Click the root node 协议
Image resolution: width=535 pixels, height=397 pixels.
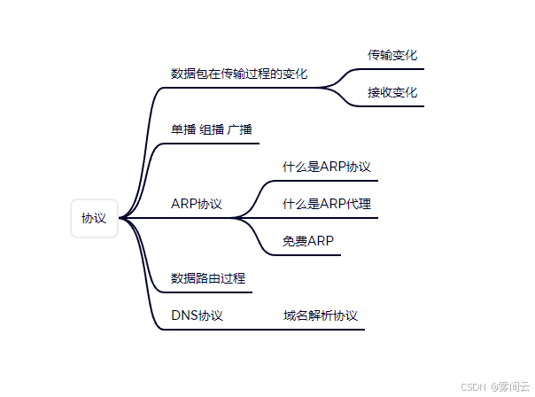coord(94,218)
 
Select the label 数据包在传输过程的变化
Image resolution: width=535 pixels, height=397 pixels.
coord(239,74)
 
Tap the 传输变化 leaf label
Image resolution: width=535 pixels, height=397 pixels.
coord(392,55)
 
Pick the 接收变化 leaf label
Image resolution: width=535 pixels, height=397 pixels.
coord(392,92)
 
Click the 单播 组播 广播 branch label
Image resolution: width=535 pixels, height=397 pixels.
coord(212,129)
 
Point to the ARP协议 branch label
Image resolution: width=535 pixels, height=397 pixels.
coord(197,204)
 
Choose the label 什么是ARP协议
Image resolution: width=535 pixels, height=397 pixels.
coord(326,167)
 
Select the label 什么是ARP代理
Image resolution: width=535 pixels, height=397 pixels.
coord(326,204)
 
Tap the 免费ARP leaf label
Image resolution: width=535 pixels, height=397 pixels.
coord(307,241)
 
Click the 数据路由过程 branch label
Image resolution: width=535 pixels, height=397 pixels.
coord(208,278)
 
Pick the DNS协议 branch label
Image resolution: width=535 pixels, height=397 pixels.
coord(197,315)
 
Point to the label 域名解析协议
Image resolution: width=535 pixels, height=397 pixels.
coord(320,315)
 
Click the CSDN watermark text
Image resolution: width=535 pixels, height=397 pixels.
coord(475,387)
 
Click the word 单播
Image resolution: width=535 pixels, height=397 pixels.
coord(183,129)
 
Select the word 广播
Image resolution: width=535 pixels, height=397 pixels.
coord(240,129)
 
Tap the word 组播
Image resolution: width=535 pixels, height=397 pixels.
coord(212,129)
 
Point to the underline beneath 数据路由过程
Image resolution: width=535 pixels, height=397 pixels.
coord(208,292)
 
